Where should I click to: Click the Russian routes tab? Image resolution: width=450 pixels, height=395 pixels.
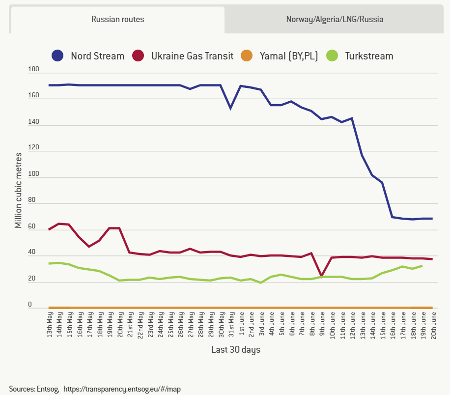click(117, 20)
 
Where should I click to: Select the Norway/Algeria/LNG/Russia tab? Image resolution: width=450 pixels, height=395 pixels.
click(335, 20)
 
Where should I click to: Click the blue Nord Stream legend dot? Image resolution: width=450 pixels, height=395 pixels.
click(58, 56)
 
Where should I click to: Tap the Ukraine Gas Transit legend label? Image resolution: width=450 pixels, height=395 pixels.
click(192, 56)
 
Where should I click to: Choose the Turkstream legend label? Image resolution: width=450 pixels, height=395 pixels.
click(369, 56)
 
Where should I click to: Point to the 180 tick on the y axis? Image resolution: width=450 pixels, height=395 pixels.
click(33, 70)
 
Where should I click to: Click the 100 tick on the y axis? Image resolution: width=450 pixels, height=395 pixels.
click(33, 174)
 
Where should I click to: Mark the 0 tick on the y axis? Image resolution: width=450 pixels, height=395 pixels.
click(29, 305)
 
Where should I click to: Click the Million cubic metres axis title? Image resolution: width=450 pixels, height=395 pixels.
click(18, 190)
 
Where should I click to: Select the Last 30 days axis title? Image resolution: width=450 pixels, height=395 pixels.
click(236, 350)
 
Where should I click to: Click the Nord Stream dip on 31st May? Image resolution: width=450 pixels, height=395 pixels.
click(230, 108)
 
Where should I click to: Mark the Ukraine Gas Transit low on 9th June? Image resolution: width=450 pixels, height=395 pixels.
click(321, 276)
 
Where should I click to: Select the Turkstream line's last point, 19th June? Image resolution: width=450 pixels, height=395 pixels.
click(422, 266)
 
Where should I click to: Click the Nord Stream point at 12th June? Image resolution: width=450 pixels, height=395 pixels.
click(352, 118)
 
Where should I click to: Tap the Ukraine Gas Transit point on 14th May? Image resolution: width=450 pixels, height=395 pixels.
click(59, 224)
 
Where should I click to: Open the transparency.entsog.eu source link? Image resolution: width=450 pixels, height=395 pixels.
click(122, 389)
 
